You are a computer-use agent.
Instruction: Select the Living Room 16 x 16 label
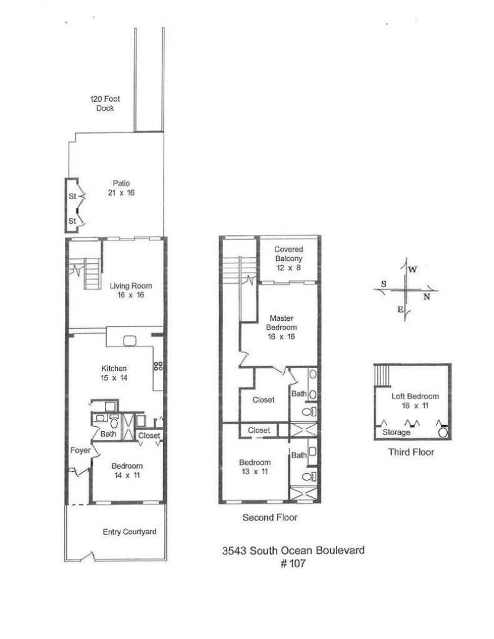click(x=131, y=290)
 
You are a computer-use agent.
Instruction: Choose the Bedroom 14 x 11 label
click(x=127, y=470)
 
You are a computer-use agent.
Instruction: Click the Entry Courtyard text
click(x=130, y=532)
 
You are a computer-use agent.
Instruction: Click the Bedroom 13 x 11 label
click(x=255, y=467)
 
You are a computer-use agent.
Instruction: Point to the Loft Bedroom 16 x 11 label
click(x=416, y=401)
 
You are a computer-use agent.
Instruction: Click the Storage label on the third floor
click(x=396, y=432)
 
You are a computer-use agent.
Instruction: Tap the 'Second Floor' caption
click(x=270, y=518)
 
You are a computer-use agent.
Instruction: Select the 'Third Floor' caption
click(x=411, y=452)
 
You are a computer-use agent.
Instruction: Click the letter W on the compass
click(x=412, y=270)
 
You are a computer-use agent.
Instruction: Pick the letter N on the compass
click(x=427, y=296)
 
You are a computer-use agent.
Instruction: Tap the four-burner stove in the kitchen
click(x=158, y=365)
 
